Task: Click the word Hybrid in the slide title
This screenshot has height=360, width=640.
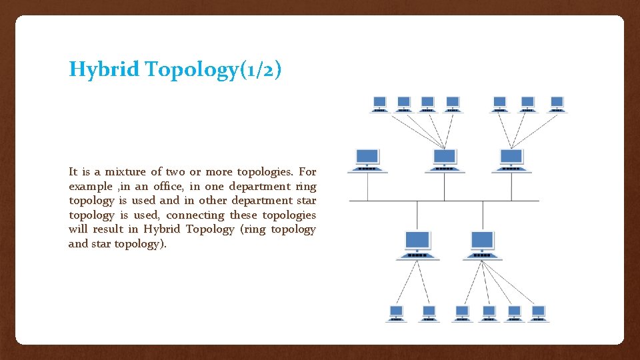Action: point(104,69)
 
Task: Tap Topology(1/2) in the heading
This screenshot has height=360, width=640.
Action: point(213,69)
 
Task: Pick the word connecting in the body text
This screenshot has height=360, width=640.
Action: point(195,215)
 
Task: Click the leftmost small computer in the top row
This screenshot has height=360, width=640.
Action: point(379,103)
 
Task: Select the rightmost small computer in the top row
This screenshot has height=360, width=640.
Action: point(557,103)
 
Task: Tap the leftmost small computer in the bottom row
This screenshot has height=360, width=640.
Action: point(396,313)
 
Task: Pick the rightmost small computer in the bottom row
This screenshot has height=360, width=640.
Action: point(538,313)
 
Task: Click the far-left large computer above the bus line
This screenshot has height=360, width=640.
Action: point(367,160)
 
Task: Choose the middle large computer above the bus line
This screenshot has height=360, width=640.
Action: point(445,160)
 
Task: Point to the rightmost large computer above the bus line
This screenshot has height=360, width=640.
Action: point(511,160)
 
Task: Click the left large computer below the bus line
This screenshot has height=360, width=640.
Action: point(417,244)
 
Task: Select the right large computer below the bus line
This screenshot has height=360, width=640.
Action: point(482,244)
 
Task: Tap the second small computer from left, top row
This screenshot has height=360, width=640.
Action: point(403,103)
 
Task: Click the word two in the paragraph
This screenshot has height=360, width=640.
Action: point(193,171)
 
